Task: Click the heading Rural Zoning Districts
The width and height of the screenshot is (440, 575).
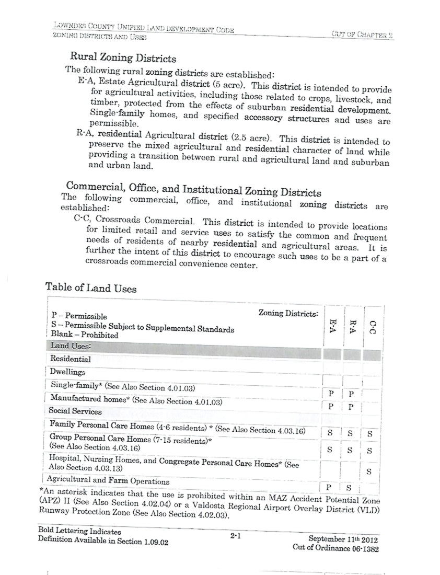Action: [123, 58]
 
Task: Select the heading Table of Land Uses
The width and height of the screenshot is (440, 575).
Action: [91, 287]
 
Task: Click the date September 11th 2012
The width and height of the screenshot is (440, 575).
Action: [343, 539]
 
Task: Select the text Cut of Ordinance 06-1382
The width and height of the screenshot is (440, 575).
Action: [335, 548]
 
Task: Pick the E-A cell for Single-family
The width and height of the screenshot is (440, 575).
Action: [330, 394]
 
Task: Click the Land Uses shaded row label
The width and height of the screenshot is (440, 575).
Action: [71, 346]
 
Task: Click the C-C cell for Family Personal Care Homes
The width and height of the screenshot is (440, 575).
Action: [369, 433]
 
